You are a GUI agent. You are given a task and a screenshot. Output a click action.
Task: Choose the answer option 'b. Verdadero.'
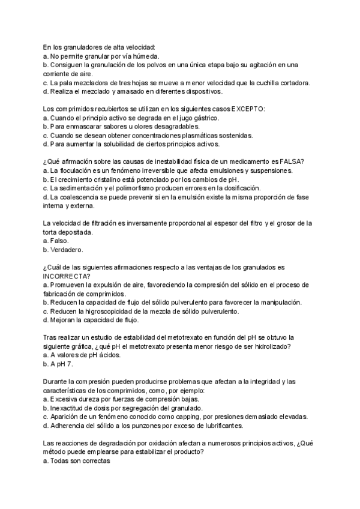63,248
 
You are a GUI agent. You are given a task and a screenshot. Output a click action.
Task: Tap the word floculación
76,171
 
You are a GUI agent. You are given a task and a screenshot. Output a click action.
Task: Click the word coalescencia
77,197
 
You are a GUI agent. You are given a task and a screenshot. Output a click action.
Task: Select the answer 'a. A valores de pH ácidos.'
82,355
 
